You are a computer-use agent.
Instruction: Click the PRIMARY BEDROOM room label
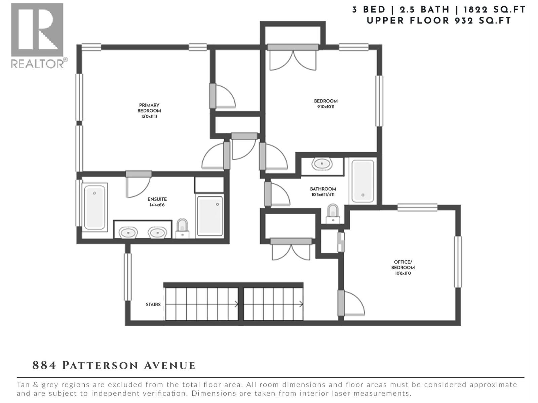pos(149,108)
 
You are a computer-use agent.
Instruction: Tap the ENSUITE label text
pos(157,199)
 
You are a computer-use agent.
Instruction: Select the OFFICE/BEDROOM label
pos(403,265)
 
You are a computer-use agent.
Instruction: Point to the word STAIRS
pos(153,305)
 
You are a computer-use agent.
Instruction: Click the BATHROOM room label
pos(323,189)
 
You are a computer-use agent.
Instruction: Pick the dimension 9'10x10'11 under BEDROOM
pos(325,107)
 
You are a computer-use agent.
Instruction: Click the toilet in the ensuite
pos(182,228)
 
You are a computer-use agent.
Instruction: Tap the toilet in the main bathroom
pos(333,213)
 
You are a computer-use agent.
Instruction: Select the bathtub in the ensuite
pos(94,207)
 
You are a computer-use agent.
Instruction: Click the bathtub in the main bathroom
pos(362,181)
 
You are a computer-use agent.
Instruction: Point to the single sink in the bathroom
pos(322,164)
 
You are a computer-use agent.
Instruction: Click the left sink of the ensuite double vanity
pos(128,232)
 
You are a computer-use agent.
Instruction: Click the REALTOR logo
pos(37,35)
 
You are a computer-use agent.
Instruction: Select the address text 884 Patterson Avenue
pos(114,365)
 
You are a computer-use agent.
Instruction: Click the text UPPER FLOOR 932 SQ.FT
pos(438,21)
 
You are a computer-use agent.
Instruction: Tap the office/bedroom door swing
pos(353,304)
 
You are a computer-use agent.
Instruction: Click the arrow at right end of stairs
pos(301,304)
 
